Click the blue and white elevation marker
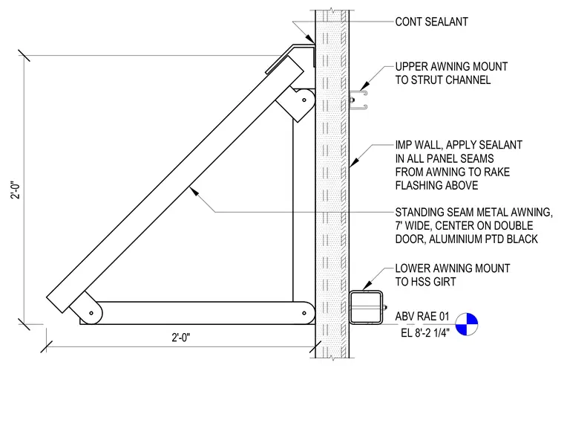click(467, 324)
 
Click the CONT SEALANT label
click(432, 22)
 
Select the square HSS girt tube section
click(366, 307)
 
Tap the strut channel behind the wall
click(358, 100)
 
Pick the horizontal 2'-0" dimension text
click(181, 338)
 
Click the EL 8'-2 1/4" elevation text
click(425, 333)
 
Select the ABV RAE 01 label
click(422, 317)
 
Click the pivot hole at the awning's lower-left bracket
click(91, 313)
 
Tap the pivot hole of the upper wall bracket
click(304, 100)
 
